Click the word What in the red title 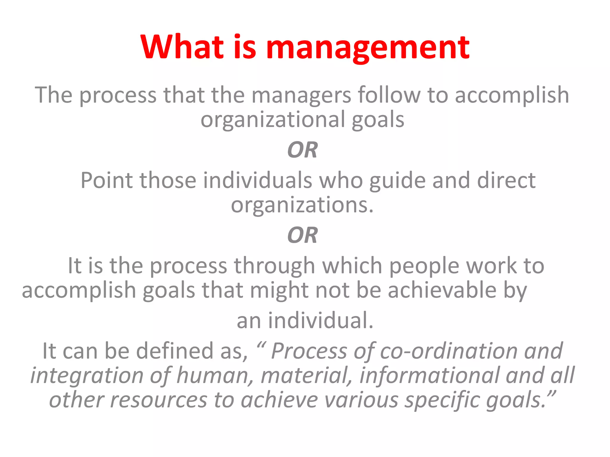pos(182,47)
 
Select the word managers pos(301,95)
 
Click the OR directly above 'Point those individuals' pos(302,150)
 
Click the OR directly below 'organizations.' pos(302,235)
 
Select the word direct pos(506,180)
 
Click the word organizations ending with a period pos(302,205)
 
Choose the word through pos(274,266)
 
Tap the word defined pos(175,351)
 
